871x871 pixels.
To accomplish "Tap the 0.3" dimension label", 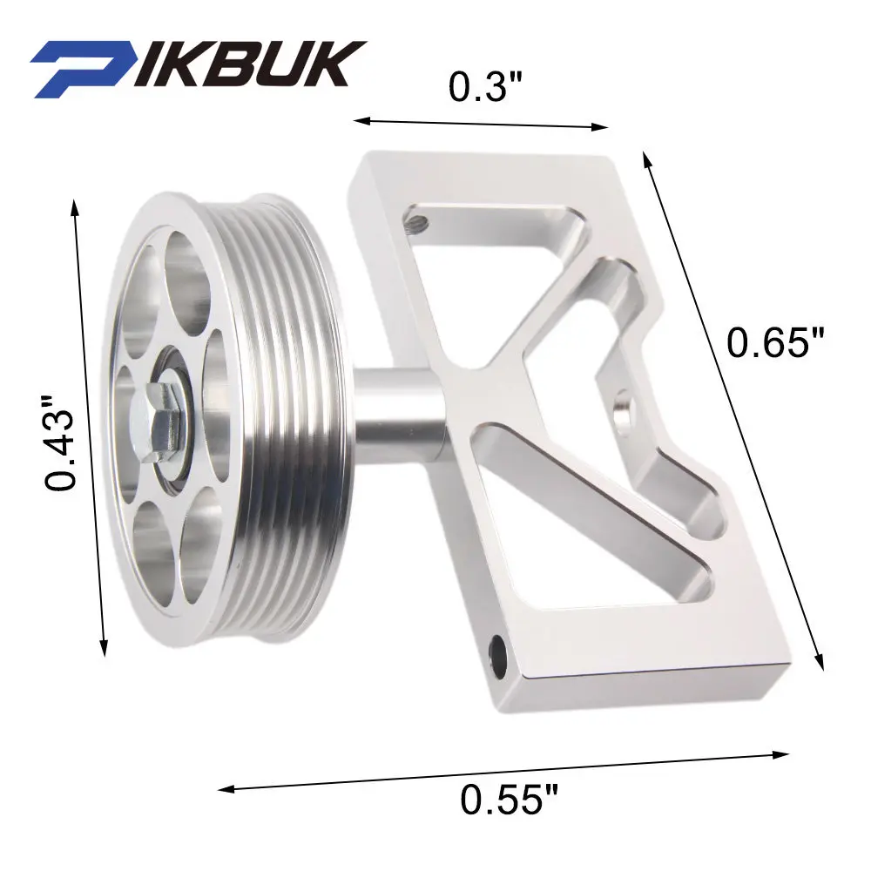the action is pos(486,86).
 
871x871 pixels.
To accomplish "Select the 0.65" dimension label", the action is pos(775,341).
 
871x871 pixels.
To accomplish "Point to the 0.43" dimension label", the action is pos(59,442).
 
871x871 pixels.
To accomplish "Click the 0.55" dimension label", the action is pos(509,799).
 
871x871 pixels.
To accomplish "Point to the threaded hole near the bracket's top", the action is pos(416,221).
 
